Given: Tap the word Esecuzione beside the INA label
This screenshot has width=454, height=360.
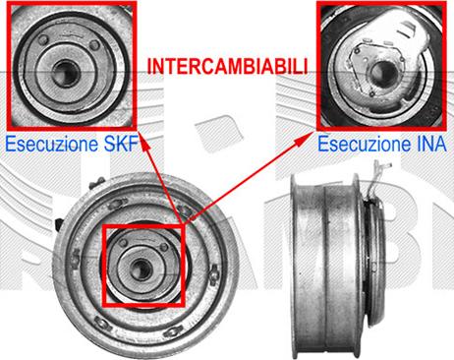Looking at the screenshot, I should [360, 144].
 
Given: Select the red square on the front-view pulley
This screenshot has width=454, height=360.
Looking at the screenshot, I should [142, 264].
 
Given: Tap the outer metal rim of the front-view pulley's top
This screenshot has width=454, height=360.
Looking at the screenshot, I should [143, 181].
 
